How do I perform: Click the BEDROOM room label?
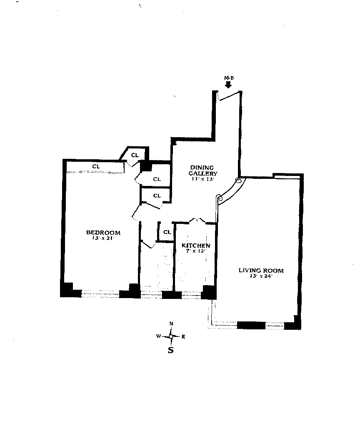[103, 233]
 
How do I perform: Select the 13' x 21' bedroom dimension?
[103, 238]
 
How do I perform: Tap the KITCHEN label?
[195, 246]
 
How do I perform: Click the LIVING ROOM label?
[261, 271]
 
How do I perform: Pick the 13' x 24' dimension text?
[261, 276]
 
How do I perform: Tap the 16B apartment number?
[228, 78]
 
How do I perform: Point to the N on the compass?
[171, 324]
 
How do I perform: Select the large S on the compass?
[170, 350]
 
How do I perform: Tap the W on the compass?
[158, 336]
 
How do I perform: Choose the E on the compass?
[184, 336]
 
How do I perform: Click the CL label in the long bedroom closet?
[96, 167]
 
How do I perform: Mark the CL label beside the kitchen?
[167, 232]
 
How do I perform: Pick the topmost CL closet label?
[134, 155]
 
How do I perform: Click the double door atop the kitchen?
[196, 220]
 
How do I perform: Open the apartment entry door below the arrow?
[229, 95]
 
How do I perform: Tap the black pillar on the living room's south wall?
[251, 325]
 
